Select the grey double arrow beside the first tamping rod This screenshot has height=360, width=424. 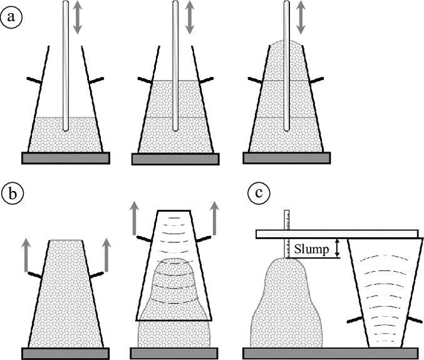click(x=78, y=17)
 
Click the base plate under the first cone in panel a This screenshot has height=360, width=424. click(x=66, y=158)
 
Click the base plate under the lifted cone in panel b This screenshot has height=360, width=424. click(x=176, y=352)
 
